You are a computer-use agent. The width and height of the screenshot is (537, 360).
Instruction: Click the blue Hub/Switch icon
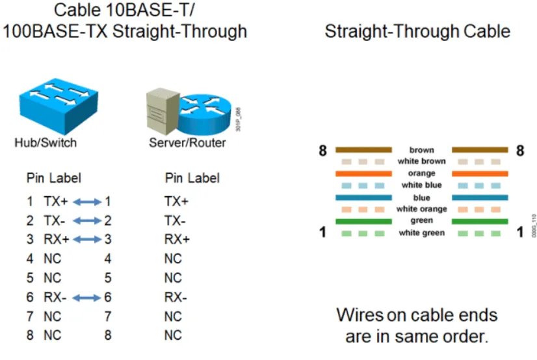(x=59, y=106)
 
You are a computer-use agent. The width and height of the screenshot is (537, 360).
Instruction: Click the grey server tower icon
(x=163, y=111)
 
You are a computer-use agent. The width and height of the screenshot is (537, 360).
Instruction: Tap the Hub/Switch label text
(x=46, y=143)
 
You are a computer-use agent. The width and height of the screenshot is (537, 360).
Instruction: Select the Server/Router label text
(x=187, y=143)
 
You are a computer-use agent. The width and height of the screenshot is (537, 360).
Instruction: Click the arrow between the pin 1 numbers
(x=87, y=202)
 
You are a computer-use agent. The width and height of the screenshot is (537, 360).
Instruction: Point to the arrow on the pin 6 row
(x=87, y=298)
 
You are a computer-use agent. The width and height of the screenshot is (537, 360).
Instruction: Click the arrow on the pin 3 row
(x=87, y=240)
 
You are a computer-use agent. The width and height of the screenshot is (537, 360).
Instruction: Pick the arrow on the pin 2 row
(x=87, y=221)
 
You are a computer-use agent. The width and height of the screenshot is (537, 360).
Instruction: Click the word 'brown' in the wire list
(x=421, y=150)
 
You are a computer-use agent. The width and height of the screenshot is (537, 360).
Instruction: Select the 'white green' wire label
(x=421, y=233)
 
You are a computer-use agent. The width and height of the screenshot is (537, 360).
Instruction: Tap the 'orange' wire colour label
(x=421, y=173)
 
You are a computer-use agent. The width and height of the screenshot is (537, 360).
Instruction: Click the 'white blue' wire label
(x=421, y=185)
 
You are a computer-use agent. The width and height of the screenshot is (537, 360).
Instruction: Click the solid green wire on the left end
(x=363, y=222)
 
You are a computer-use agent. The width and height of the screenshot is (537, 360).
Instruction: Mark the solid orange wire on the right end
(x=480, y=174)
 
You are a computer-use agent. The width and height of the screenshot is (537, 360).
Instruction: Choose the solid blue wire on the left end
(x=363, y=198)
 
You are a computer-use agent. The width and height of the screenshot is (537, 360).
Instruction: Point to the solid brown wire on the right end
(x=480, y=149)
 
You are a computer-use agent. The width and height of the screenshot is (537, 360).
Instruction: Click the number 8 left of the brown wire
(x=322, y=151)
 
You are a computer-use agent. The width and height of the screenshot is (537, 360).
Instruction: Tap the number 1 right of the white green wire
(x=520, y=232)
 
